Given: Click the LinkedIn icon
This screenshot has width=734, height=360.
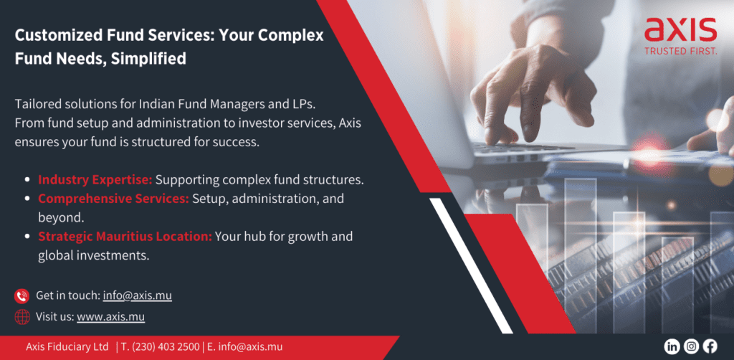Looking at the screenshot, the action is tap(672, 346).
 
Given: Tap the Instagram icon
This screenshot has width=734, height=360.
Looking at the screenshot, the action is tap(691, 346).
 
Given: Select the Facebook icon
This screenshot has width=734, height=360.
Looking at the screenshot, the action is tap(710, 346).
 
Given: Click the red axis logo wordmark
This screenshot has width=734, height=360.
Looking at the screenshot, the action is tap(681, 30).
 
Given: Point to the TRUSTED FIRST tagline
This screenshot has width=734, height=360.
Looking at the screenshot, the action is tap(681, 51).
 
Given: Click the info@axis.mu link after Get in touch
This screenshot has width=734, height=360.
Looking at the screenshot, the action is tap(137, 296).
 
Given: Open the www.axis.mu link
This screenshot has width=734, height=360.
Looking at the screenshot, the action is tap(111, 317).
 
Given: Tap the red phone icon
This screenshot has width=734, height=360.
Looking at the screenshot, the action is tap(22, 296).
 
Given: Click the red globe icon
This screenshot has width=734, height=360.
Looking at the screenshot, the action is tap(22, 317).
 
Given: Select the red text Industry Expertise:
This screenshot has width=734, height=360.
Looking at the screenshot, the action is tap(95, 180).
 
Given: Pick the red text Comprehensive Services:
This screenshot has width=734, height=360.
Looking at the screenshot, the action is tap(113, 199).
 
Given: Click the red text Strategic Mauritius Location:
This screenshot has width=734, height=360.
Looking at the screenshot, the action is tap(125, 237).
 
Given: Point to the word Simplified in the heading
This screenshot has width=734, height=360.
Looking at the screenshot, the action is tap(148, 60).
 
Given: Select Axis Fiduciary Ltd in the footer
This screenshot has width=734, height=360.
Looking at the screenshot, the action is tap(67, 347).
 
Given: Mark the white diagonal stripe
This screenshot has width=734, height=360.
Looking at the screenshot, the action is tap(471, 265).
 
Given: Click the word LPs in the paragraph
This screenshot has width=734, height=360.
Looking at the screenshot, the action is tap(305, 104).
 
